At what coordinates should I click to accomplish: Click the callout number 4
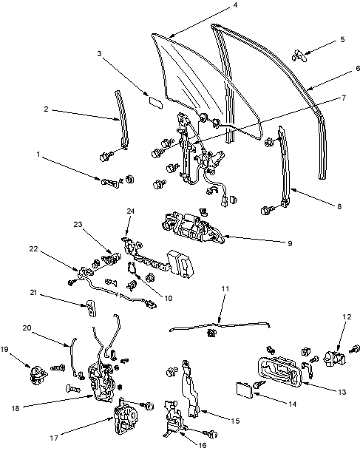(235, 5)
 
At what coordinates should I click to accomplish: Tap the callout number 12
(347, 317)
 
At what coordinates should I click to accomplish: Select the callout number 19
(4, 349)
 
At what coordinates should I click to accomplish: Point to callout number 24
(131, 211)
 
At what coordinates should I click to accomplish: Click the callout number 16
(203, 445)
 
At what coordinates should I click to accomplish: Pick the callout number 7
(344, 98)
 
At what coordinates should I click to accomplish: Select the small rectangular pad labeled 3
(155, 103)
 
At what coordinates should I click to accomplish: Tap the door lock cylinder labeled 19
(38, 376)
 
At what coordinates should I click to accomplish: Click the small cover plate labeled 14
(245, 390)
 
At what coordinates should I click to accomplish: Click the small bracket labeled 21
(90, 308)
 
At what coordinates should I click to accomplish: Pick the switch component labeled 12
(334, 359)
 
